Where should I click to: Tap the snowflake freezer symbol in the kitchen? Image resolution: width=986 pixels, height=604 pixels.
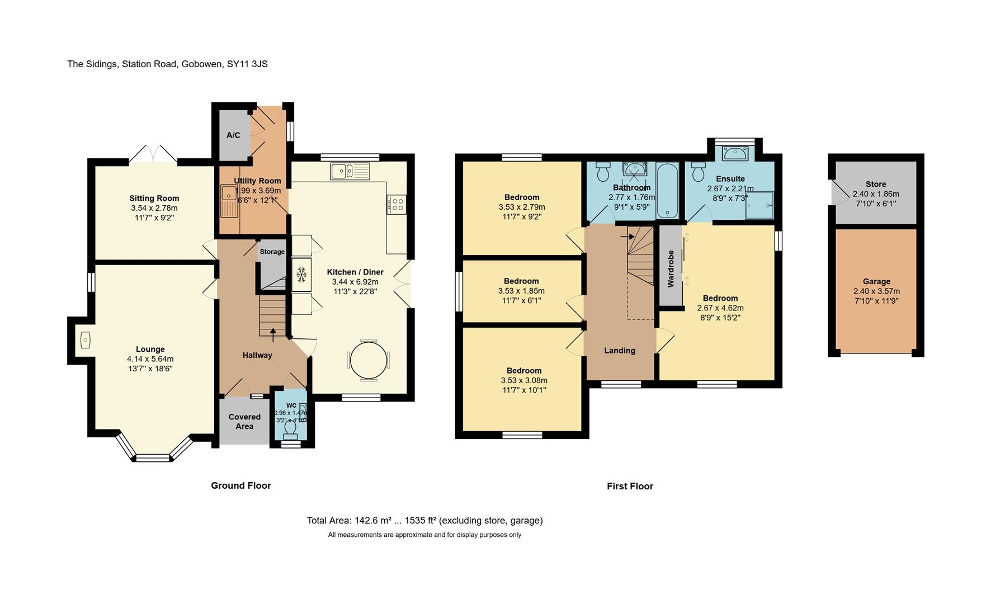click(x=301, y=275)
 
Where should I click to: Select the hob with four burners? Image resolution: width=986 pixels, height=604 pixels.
click(x=396, y=204)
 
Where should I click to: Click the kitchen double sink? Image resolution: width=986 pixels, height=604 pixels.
click(x=350, y=171)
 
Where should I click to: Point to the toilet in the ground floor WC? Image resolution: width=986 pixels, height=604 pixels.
click(x=290, y=428)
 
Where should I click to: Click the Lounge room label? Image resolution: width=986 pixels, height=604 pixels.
click(x=150, y=349)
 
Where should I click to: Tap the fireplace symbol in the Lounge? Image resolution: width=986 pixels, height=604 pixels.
click(x=85, y=340)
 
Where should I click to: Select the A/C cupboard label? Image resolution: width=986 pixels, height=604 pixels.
click(x=233, y=135)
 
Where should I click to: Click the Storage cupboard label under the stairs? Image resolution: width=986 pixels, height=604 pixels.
click(x=272, y=252)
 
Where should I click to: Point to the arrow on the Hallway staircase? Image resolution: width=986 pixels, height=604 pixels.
click(x=273, y=334)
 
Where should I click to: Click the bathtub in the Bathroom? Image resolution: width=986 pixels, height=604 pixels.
click(x=667, y=191)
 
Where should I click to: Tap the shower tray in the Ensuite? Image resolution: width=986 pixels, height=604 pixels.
click(x=759, y=205)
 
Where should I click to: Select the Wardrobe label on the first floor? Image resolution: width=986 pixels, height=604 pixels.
click(x=671, y=268)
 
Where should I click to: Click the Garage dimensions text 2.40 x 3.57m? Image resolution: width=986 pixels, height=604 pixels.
click(x=876, y=291)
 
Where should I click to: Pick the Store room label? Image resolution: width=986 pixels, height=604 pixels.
click(x=875, y=184)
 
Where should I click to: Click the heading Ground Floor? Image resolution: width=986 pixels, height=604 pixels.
click(x=240, y=485)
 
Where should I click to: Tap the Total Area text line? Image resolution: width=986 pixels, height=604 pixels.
click(x=424, y=521)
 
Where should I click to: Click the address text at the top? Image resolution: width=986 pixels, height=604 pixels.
click(x=167, y=64)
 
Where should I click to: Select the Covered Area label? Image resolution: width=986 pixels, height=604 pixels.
click(x=244, y=421)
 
